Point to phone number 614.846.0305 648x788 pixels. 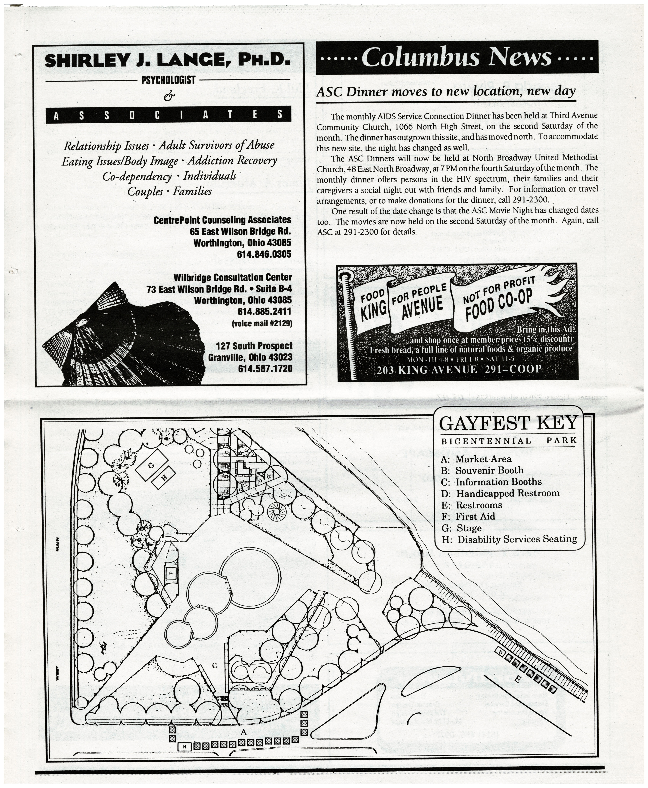click(x=264, y=254)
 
